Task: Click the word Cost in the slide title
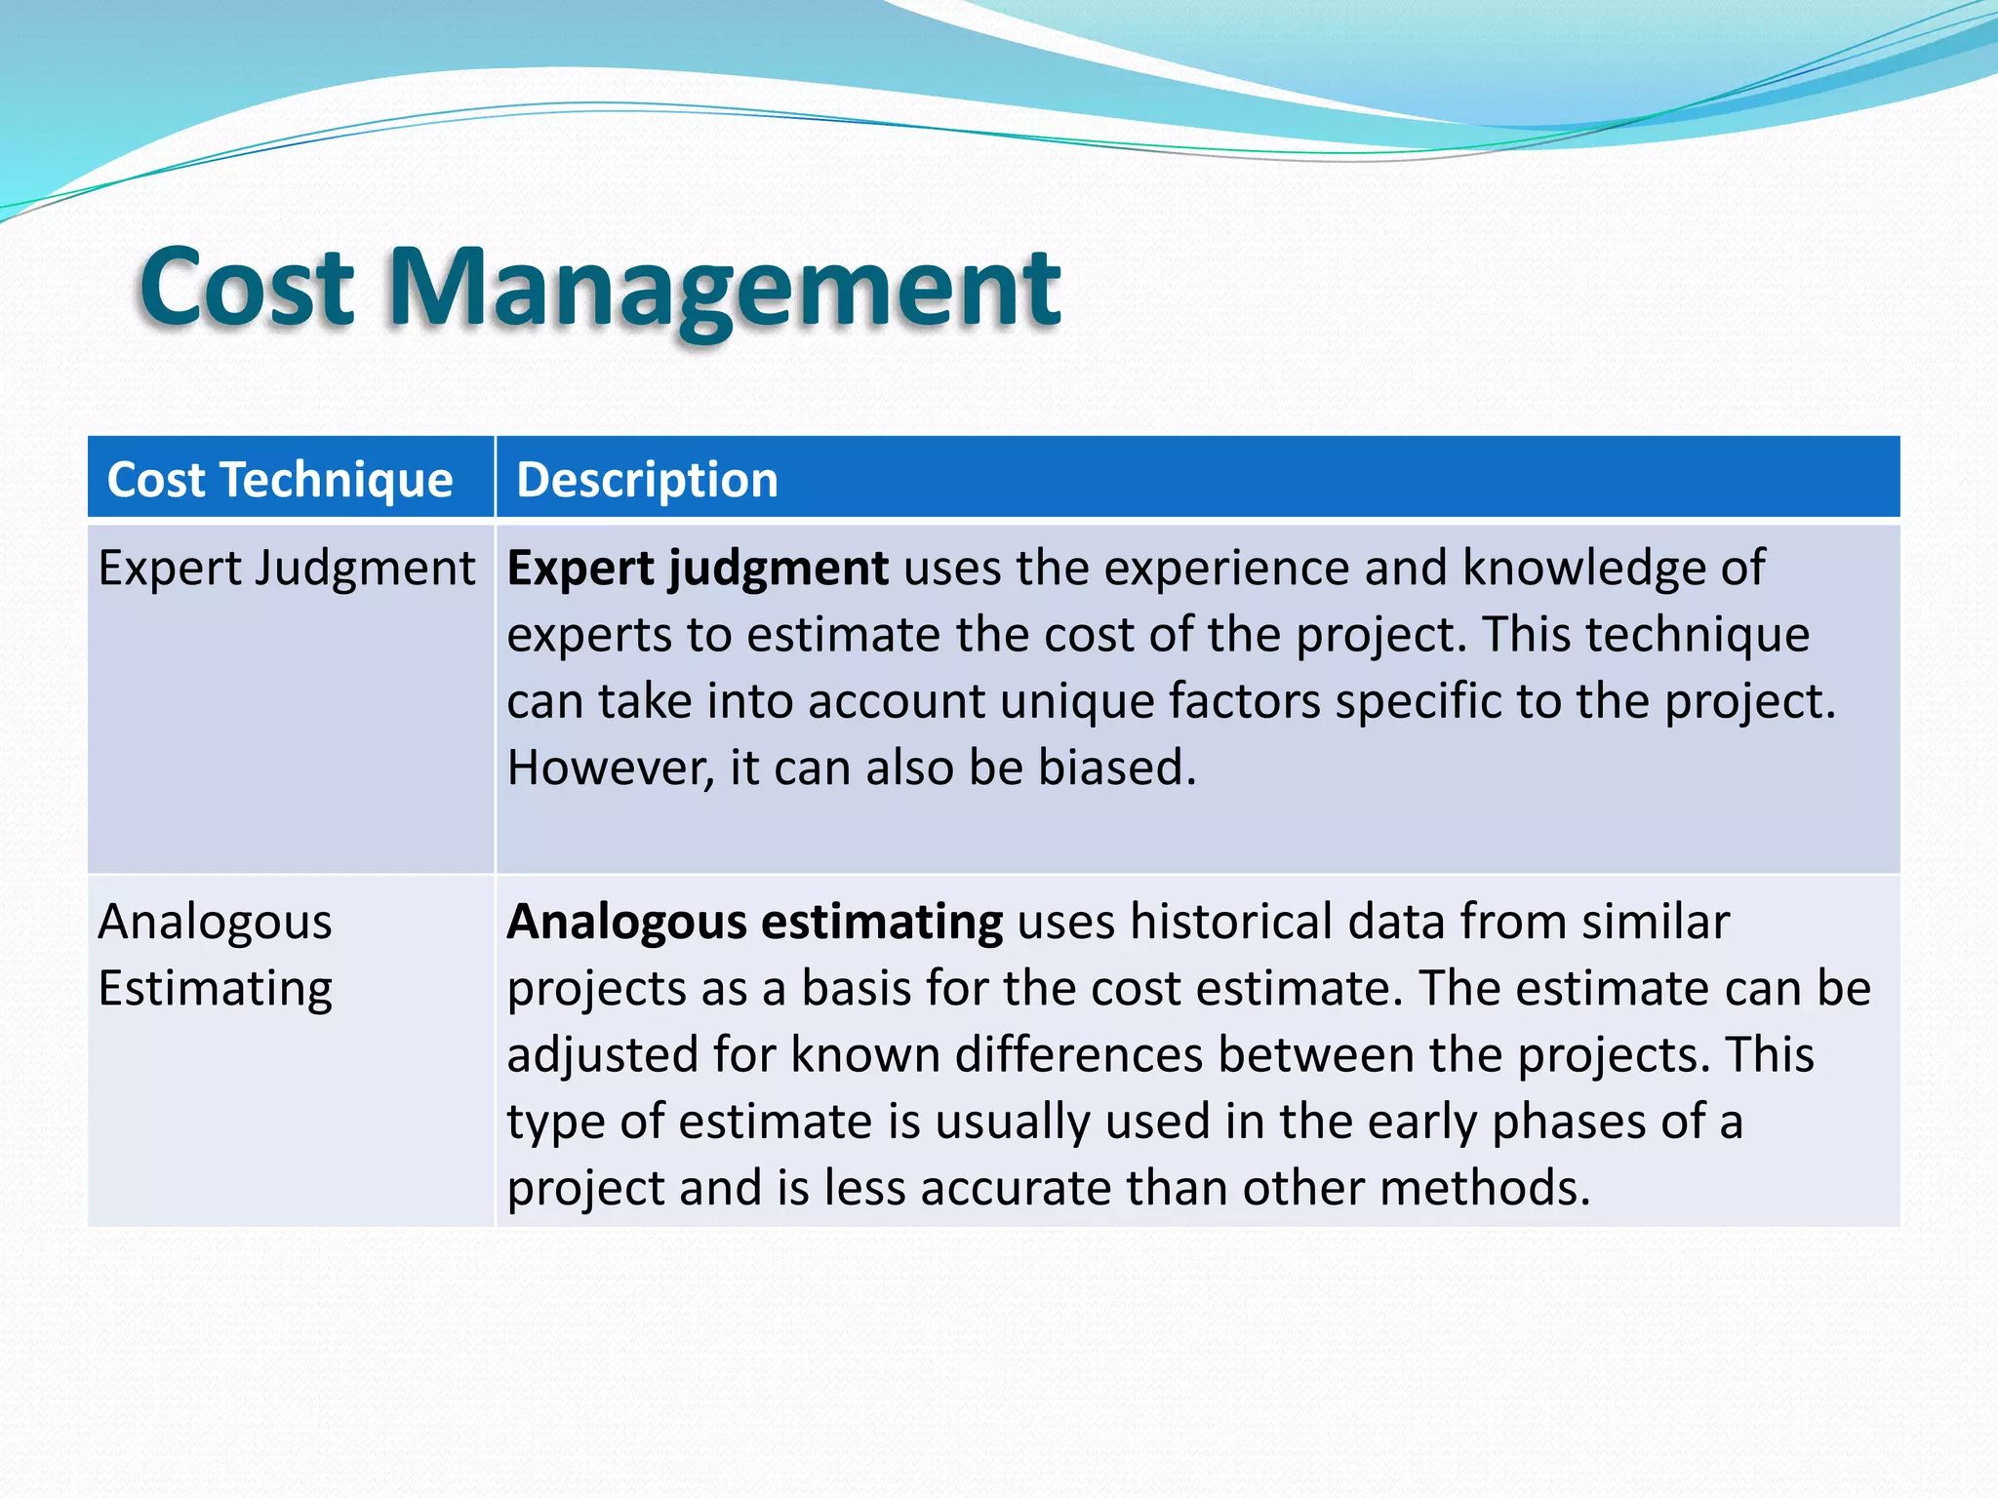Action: (x=246, y=288)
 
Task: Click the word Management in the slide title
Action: (x=724, y=288)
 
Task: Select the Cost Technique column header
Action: (x=280, y=480)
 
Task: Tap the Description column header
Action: (x=647, y=480)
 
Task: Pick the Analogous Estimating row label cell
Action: (x=216, y=954)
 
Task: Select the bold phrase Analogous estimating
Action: (x=754, y=923)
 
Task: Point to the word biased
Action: (x=1116, y=768)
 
